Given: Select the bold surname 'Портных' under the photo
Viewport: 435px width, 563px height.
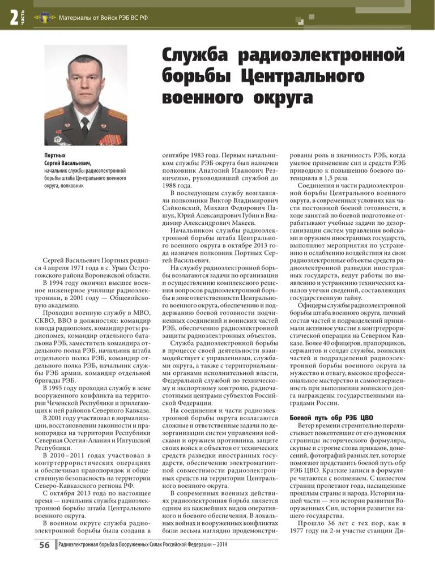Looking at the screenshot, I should [55, 155].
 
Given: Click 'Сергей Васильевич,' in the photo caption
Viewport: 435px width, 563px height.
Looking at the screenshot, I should [67, 163].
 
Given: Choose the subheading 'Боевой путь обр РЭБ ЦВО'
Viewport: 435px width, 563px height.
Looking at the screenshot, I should [331, 417].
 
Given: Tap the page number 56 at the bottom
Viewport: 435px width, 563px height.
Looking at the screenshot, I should [44, 545].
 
